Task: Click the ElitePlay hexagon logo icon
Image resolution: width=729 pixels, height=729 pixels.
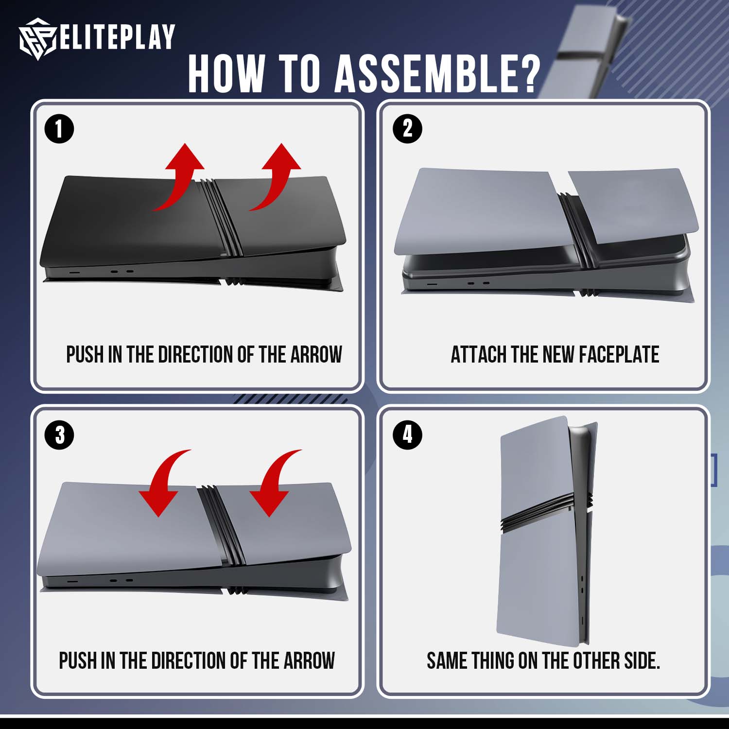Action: tap(38, 39)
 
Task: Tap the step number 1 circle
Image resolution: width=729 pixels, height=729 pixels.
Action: tap(59, 129)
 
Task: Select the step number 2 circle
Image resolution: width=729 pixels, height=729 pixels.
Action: tap(407, 129)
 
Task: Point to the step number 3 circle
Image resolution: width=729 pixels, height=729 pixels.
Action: tap(59, 434)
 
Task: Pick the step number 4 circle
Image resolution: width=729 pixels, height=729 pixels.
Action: tap(407, 434)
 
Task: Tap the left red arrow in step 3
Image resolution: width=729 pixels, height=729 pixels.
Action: tap(163, 481)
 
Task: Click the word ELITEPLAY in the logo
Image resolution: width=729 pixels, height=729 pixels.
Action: tap(117, 37)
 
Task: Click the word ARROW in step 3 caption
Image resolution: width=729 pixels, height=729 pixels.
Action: tap(309, 661)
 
